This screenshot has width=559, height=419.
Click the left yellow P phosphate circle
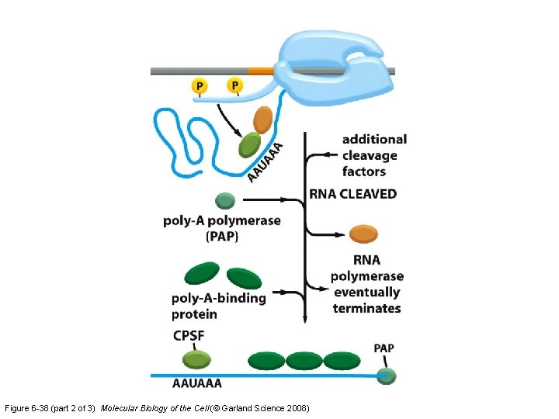pyautogui.click(x=200, y=86)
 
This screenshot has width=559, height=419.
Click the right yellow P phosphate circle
pyautogui.click(x=235, y=85)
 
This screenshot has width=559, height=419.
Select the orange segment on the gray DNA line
pyautogui.click(x=261, y=71)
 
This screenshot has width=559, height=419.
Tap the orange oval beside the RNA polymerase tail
pyautogui.click(x=262, y=120)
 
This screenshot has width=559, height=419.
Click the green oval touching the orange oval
pyautogui.click(x=249, y=144)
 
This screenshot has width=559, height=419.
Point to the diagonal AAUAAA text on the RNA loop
pyautogui.click(x=265, y=162)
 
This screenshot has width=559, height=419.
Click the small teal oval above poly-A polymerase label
pyautogui.click(x=225, y=201)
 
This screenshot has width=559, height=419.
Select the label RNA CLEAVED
pyautogui.click(x=353, y=194)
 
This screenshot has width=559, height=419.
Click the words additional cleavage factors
pyautogui.click(x=374, y=155)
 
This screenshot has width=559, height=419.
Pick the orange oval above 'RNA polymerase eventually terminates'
pyautogui.click(x=363, y=234)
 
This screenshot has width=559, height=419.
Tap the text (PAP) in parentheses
pyautogui.click(x=222, y=236)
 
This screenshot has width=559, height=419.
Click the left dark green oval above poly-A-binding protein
pyautogui.click(x=202, y=272)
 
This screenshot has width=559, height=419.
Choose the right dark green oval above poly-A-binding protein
pyautogui.click(x=245, y=279)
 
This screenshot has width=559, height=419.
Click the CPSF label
pyautogui.click(x=189, y=336)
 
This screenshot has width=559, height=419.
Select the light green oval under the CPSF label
pyautogui.click(x=196, y=359)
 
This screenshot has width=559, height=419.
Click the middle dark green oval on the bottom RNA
pyautogui.click(x=304, y=361)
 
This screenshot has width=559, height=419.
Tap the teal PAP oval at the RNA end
pyautogui.click(x=387, y=376)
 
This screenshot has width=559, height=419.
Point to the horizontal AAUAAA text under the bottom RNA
pyautogui.click(x=196, y=384)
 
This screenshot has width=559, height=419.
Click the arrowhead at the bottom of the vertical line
pyautogui.click(x=305, y=319)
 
